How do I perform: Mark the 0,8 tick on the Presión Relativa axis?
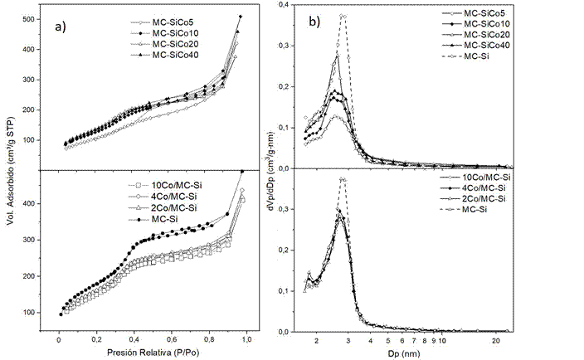pos(206,339)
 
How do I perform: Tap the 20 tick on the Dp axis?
pos(494,340)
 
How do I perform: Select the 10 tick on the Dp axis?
pos(442,340)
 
